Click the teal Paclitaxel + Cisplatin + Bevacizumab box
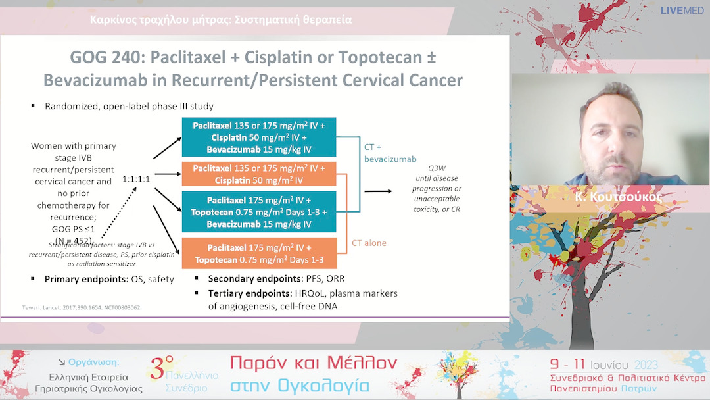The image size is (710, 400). point(259,137)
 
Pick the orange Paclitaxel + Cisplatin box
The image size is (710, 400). point(259,174)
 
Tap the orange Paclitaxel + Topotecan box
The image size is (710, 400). point(259,253)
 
